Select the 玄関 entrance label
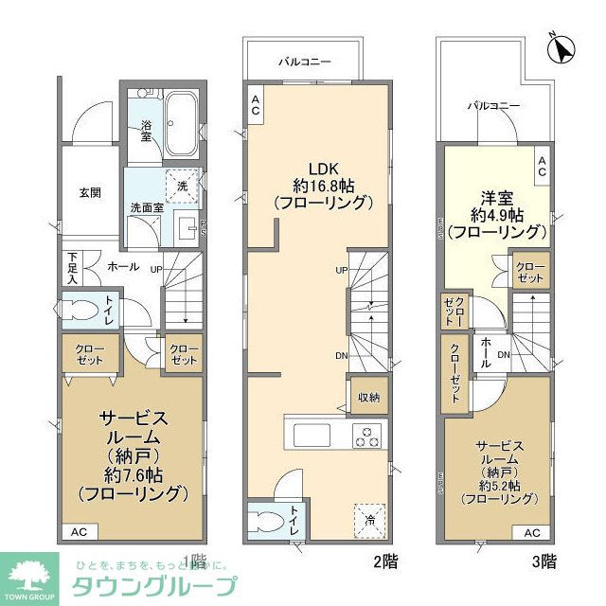[x=90, y=192]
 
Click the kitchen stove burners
[x=366, y=437]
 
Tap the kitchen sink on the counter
[x=310, y=437]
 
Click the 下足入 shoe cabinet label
[x=73, y=269]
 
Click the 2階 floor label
[x=383, y=561]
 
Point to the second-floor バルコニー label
[x=304, y=62]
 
